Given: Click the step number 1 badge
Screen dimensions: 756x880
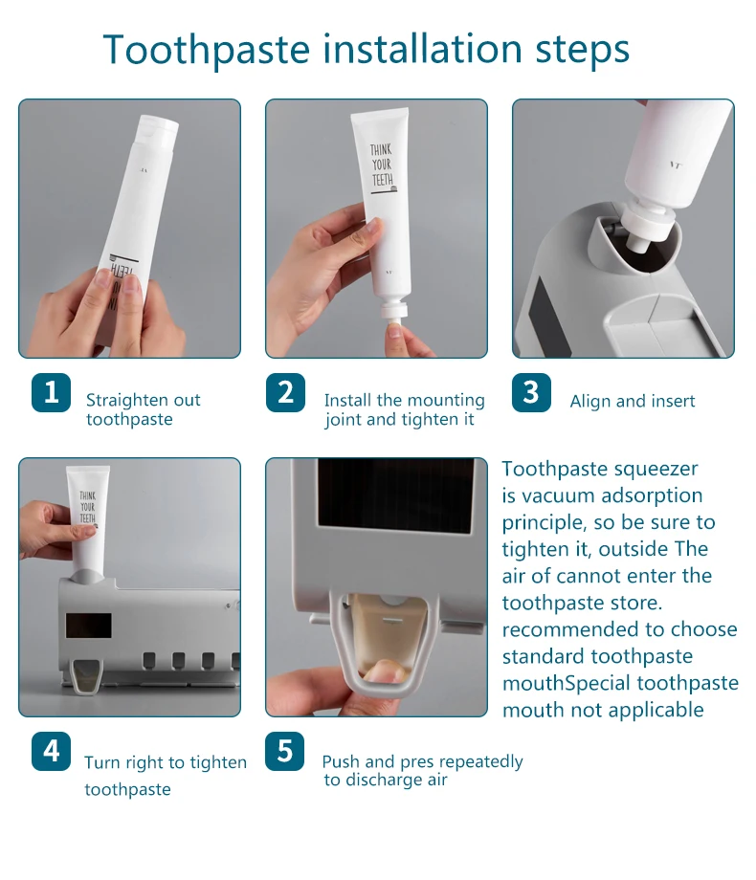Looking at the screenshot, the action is pos(51,392).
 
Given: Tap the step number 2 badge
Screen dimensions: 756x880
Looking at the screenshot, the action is pos(285,392).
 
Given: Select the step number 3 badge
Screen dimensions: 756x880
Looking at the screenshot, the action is pos(531,392).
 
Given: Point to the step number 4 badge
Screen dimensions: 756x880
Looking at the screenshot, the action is pos(51,751).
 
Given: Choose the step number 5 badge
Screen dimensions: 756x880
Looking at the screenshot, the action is pos(285,751).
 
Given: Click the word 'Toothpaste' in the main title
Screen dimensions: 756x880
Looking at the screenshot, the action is pos(207,50).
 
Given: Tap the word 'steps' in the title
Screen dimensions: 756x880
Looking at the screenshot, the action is pos(583,51).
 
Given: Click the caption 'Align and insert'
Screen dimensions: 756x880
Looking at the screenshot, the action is pos(633,402).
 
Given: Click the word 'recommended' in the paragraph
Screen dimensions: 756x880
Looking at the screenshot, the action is pos(564,629).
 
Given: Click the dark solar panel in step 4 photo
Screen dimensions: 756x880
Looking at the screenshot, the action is pos(89,626).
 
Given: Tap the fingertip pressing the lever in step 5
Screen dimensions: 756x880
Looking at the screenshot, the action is pos(384,671).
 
